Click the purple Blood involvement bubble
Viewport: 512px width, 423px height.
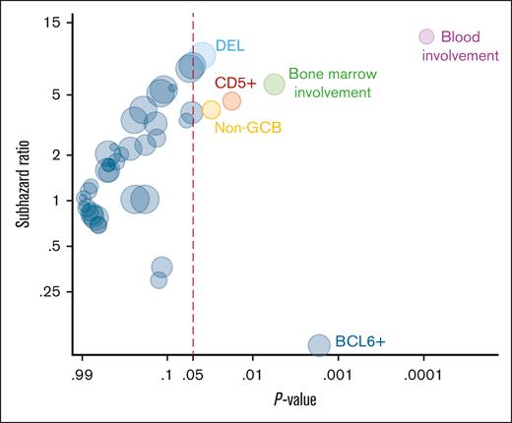tap(426, 36)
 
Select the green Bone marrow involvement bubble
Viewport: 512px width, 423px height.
tap(274, 85)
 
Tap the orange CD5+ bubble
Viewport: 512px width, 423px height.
tap(231, 100)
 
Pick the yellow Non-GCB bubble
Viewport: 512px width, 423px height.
tap(211, 109)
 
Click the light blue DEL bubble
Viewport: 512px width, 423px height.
tap(204, 55)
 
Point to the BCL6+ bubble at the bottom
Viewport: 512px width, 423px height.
tap(319, 344)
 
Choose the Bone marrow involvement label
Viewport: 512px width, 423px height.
tap(330, 84)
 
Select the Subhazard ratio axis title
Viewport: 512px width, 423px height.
tap(18, 184)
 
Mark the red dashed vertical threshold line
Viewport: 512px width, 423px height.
tap(192, 246)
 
